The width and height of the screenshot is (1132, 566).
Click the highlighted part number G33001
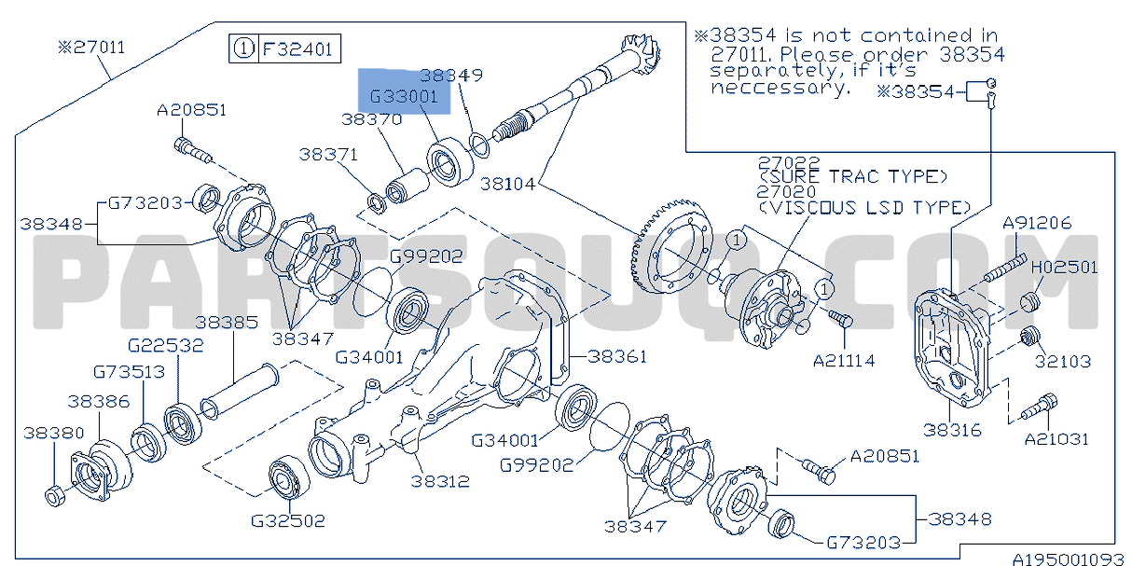[404, 96]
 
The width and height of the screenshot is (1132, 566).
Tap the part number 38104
[507, 184]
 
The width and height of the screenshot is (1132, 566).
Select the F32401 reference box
[285, 49]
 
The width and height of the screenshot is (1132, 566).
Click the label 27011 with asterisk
[91, 48]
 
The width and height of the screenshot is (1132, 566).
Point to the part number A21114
[844, 361]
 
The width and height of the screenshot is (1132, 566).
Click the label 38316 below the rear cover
[952, 431]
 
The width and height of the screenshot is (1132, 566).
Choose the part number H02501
[1064, 268]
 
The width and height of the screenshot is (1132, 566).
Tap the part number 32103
[1063, 362]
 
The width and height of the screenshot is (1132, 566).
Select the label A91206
[1037, 223]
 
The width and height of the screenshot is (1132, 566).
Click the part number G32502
[288, 521]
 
